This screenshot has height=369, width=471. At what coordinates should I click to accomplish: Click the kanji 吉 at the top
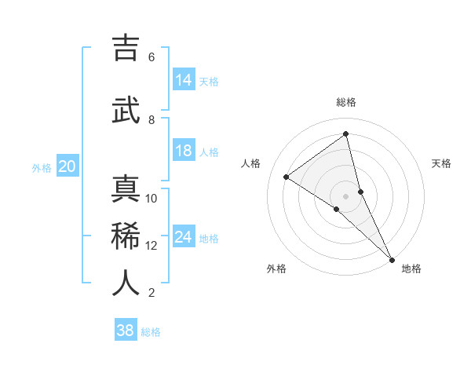[126, 49]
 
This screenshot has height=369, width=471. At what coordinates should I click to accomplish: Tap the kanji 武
[126, 111]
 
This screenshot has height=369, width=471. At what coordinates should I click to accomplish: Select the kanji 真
[126, 190]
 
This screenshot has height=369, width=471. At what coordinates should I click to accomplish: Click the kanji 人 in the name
[126, 283]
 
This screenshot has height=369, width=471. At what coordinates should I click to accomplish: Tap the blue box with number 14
[184, 80]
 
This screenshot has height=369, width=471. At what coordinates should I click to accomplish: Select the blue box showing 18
[184, 151]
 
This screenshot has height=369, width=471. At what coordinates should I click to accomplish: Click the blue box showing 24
[184, 237]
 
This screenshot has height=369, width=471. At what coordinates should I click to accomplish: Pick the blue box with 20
[68, 166]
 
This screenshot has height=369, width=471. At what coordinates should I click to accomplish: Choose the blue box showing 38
[126, 331]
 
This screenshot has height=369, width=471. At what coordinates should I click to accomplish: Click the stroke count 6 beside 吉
[152, 57]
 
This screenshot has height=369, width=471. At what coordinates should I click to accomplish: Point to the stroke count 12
[152, 246]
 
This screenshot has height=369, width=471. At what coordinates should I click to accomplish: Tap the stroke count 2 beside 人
[152, 293]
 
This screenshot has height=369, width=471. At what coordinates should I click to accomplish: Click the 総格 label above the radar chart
[346, 102]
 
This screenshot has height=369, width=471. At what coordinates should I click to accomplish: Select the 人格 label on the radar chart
[250, 163]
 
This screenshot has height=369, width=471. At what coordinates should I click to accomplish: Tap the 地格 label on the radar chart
[411, 269]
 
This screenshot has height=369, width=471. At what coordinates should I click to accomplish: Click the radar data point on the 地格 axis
[392, 258]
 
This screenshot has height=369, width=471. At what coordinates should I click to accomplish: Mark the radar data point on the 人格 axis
[287, 177]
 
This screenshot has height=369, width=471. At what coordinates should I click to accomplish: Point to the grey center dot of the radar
[346, 195]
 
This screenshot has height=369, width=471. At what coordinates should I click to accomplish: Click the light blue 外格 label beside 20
[42, 167]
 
